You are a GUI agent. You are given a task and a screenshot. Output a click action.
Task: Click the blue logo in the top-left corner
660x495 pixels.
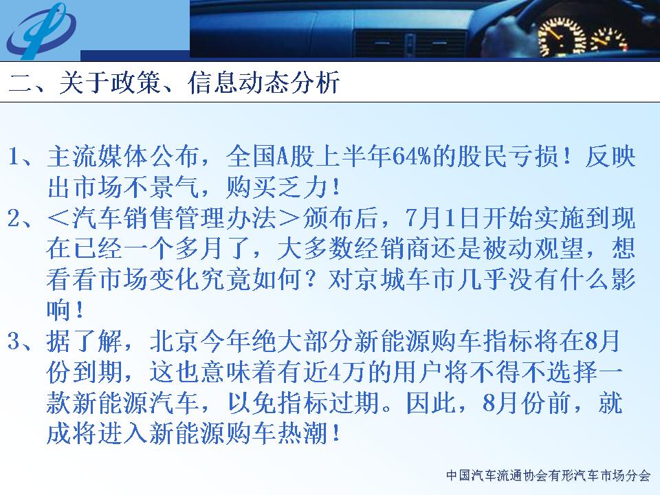(41, 30)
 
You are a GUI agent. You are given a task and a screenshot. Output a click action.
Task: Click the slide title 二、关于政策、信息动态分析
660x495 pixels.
(174, 82)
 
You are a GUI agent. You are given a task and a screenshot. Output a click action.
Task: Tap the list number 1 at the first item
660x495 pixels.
(14, 157)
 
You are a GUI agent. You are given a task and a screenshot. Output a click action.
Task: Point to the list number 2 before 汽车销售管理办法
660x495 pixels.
(14, 218)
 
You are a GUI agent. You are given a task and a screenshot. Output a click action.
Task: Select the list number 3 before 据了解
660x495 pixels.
(14, 341)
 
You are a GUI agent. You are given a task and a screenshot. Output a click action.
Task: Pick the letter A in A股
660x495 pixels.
(283, 157)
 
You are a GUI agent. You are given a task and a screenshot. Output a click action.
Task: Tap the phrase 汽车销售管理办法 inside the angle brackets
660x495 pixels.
(174, 218)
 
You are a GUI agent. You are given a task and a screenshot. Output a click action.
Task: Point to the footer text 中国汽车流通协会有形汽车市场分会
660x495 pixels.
(548, 475)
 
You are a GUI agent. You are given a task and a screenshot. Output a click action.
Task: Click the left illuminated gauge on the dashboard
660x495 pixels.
(561, 36)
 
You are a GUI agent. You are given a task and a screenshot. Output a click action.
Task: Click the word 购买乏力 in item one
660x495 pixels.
(276, 187)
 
